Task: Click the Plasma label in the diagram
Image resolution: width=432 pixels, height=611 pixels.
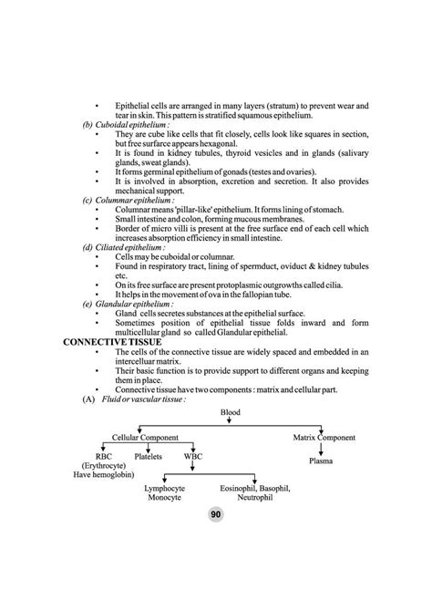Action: tap(320, 461)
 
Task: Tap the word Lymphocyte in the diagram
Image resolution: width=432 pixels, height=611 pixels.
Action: tap(165, 489)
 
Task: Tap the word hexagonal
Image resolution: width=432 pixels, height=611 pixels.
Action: tap(233, 143)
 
